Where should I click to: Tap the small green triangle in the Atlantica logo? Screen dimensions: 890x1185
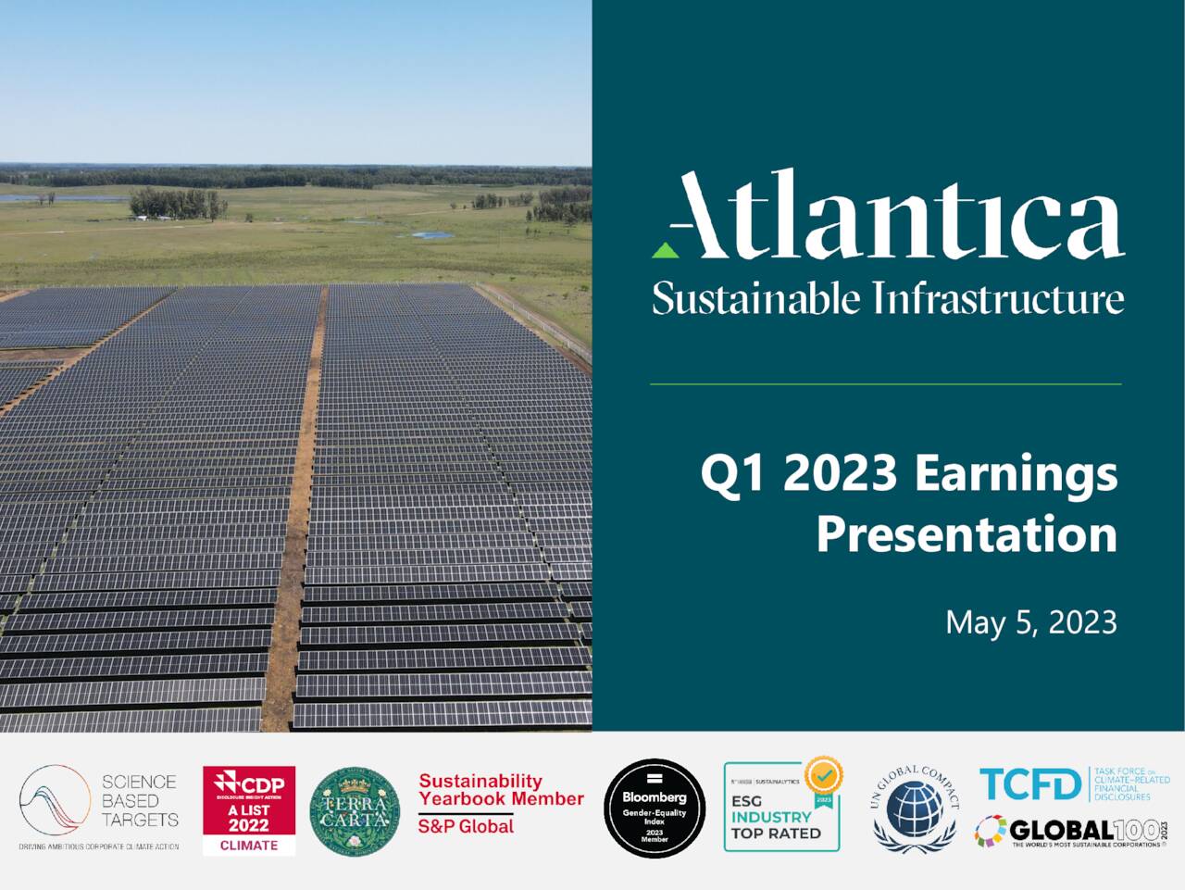pyautogui.click(x=663, y=249)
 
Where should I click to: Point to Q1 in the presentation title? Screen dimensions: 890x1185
pyautogui.click(x=735, y=473)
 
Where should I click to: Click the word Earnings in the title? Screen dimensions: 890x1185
pyautogui.click(x=1016, y=473)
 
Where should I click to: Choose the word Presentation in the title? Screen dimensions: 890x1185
pyautogui.click(x=967, y=534)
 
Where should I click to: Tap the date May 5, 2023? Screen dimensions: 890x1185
pyautogui.click(x=1030, y=622)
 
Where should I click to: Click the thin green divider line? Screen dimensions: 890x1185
pyautogui.click(x=885, y=383)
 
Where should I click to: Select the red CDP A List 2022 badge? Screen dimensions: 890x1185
pyautogui.click(x=249, y=809)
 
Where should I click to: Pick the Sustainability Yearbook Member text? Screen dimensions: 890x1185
pyautogui.click(x=501, y=790)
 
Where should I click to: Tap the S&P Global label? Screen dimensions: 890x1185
pyautogui.click(x=466, y=826)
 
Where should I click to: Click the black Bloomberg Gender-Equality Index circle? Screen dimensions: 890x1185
pyautogui.click(x=655, y=808)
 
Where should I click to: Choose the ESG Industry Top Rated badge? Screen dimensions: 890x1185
pyautogui.click(x=781, y=808)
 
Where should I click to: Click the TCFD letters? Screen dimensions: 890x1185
pyautogui.click(x=1030, y=784)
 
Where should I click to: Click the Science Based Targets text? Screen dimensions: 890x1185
pyautogui.click(x=140, y=801)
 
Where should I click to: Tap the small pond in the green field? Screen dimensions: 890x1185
pyautogui.click(x=432, y=235)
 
